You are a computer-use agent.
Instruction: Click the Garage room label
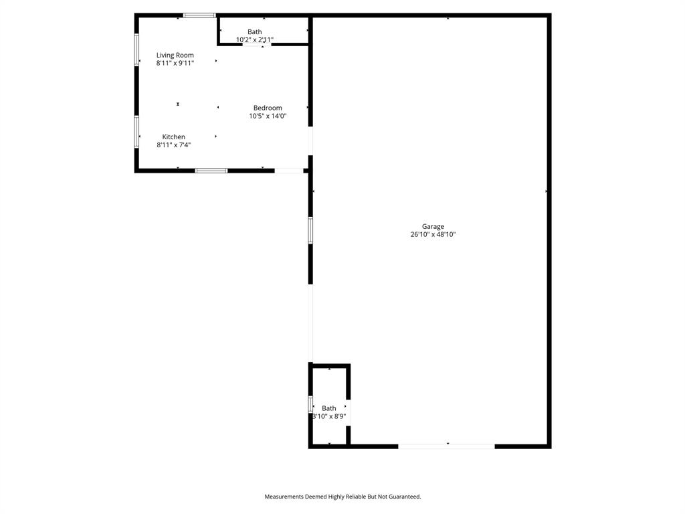pyautogui.click(x=433, y=226)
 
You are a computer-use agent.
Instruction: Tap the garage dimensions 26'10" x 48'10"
pyautogui.click(x=433, y=235)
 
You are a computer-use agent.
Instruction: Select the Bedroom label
pyautogui.click(x=268, y=108)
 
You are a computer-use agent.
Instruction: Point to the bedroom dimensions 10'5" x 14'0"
pyautogui.click(x=268, y=116)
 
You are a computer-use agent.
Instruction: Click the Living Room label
pyautogui.click(x=175, y=55)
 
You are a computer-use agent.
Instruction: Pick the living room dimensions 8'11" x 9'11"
pyautogui.click(x=175, y=64)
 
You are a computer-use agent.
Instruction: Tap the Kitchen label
pyautogui.click(x=174, y=137)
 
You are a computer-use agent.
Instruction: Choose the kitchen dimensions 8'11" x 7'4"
pyautogui.click(x=174, y=145)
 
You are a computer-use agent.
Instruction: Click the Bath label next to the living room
pyautogui.click(x=255, y=31)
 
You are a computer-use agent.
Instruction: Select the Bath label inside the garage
pyautogui.click(x=329, y=408)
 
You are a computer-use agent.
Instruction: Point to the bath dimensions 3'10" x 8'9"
pyautogui.click(x=329, y=416)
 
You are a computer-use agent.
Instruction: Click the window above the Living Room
pyautogui.click(x=199, y=15)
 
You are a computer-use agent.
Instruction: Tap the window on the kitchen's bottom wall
pyautogui.click(x=211, y=171)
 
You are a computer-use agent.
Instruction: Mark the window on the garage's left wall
pyautogui.click(x=310, y=230)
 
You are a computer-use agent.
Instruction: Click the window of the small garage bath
pyautogui.click(x=310, y=404)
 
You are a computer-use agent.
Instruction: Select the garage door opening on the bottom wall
pyautogui.click(x=446, y=446)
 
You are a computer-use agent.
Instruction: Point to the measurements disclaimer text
pyautogui.click(x=342, y=497)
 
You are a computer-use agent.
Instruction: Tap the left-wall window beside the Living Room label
pyautogui.click(x=136, y=50)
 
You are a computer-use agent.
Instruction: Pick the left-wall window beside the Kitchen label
pyautogui.click(x=136, y=132)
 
